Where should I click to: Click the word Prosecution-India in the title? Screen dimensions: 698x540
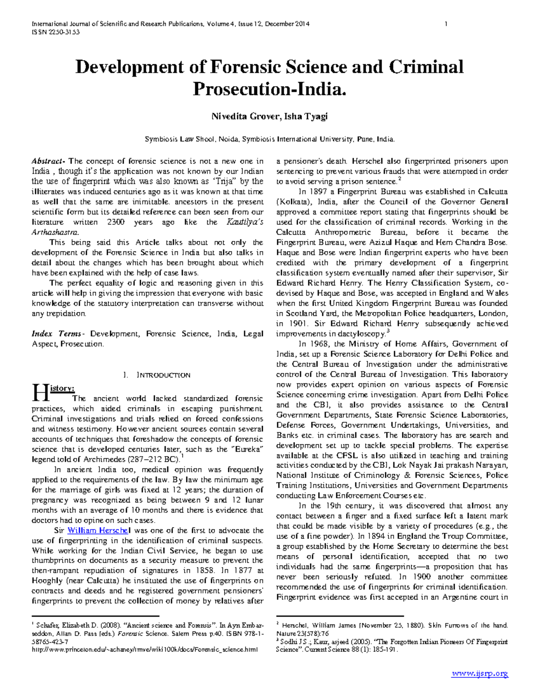(x=269, y=89)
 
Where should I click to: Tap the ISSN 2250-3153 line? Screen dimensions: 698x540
(x=55, y=32)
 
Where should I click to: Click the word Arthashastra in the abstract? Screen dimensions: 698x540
(x=54, y=232)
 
